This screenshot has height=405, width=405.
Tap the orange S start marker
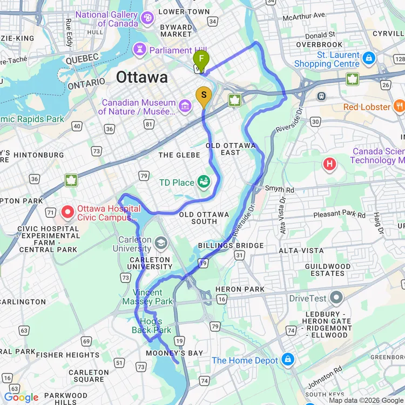point(203,95)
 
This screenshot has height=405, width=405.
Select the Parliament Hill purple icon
point(140,50)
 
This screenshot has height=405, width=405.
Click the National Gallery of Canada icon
point(147,19)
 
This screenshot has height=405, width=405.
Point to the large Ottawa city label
point(142,77)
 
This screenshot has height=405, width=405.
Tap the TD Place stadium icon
point(204,182)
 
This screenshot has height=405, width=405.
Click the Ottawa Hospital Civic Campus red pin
point(68,213)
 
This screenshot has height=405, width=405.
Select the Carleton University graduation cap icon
point(160,244)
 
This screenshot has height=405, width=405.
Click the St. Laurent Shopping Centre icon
point(369,58)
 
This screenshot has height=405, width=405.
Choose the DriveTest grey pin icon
point(336,298)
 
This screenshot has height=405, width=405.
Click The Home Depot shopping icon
point(287,360)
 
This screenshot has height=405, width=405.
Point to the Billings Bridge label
point(231,246)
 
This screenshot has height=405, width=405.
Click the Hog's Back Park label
point(152,326)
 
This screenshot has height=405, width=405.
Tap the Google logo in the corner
point(21,397)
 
